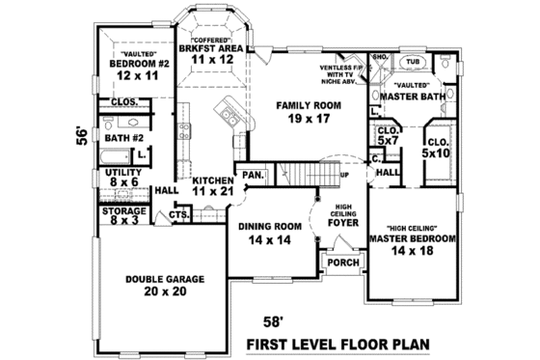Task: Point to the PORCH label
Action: point(342,263)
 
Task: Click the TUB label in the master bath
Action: point(413,62)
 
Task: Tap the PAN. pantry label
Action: point(255,176)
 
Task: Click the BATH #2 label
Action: point(124,138)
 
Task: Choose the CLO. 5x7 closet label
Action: point(388,135)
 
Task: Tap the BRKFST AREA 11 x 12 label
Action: point(207,52)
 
